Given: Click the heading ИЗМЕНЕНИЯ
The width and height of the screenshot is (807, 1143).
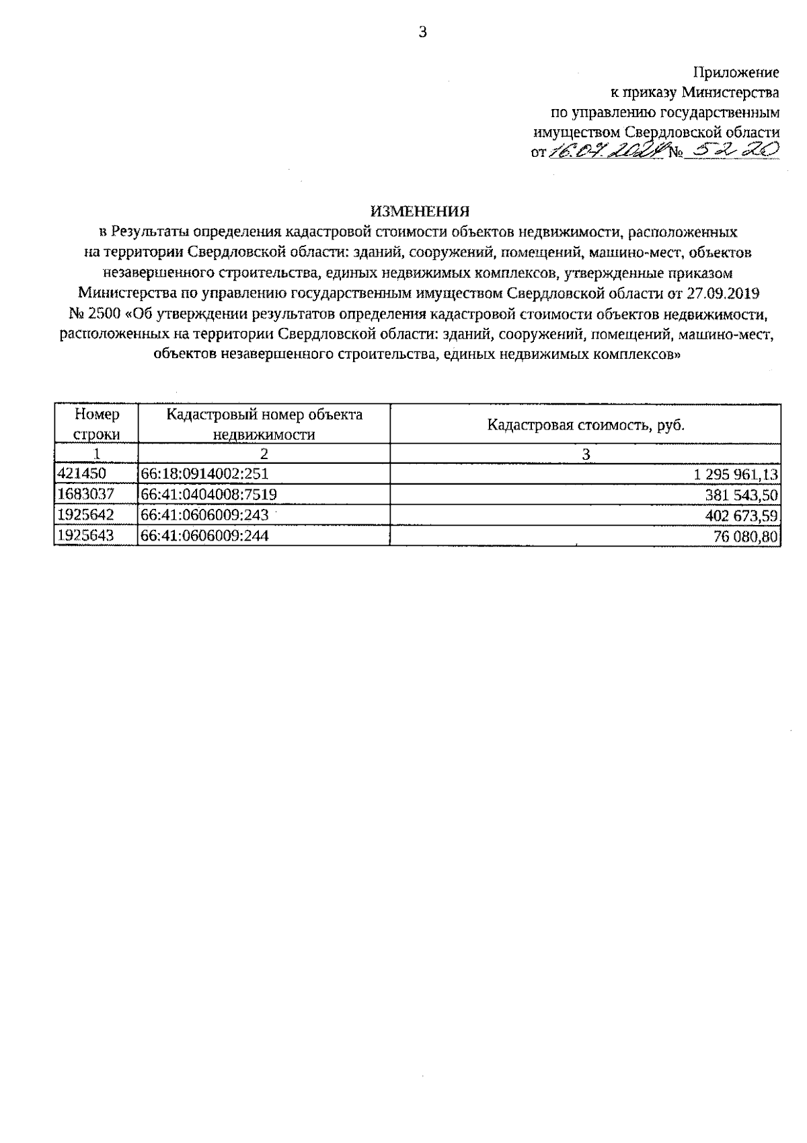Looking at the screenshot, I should coord(420,211).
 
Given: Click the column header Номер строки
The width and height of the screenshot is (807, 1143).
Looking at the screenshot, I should coord(96,424).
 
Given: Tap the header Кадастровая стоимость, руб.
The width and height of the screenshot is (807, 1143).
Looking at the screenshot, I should coord(585,425).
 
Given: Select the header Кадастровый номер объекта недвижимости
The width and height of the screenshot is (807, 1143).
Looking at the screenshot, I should coord(264,424).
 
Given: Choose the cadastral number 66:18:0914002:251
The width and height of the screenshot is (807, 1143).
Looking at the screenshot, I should coord(205,474).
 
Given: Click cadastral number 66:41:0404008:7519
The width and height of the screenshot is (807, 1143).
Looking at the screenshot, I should coord(209,495).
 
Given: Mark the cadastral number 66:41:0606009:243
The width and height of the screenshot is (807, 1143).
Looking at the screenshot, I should coord(205,515).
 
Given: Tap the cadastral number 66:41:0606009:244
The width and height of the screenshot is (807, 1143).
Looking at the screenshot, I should coord(205,536).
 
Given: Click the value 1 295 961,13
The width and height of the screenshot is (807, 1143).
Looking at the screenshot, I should coord(736,475).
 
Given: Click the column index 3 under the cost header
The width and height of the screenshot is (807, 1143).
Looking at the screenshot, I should coord(585,454).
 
